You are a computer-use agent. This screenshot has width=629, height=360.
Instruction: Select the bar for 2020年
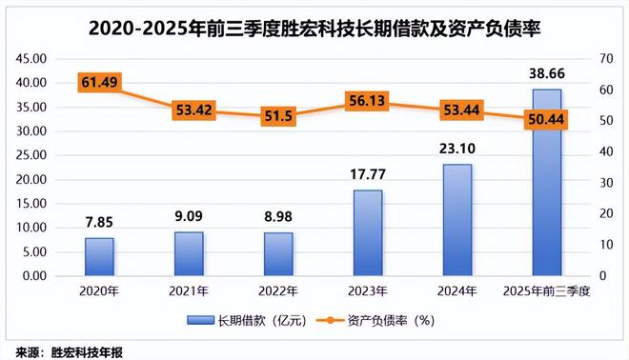[x=99, y=257]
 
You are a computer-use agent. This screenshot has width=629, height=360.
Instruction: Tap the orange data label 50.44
[x=546, y=118]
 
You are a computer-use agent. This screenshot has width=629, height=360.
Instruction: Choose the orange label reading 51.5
[x=278, y=115]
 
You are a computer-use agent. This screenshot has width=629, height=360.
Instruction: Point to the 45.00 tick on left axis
[x=31, y=58]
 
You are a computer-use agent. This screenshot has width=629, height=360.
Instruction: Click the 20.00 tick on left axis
[x=31, y=179]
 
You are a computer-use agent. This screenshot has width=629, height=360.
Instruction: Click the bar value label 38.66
[x=546, y=72]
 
